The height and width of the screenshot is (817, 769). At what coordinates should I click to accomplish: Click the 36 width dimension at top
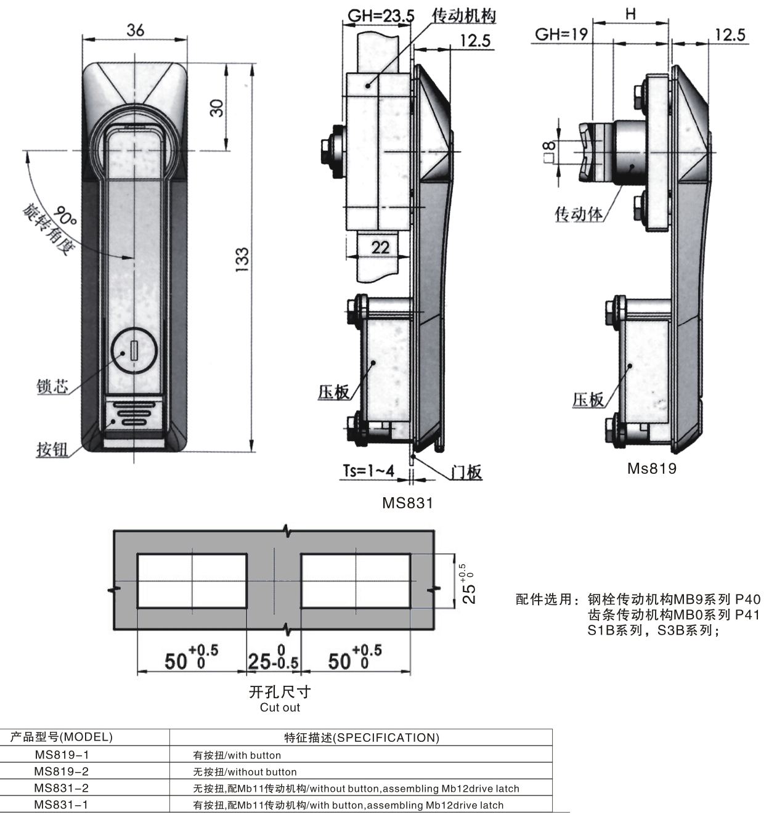tap(135, 30)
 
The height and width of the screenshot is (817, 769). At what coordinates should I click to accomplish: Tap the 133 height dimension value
tap(242, 257)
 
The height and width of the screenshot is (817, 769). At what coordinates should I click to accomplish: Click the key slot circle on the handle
tap(134, 351)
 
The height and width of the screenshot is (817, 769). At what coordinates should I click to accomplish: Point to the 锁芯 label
tap(52, 387)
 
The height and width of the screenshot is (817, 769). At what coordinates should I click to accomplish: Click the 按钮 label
tap(52, 449)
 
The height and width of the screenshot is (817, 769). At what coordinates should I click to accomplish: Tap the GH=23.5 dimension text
tap(381, 16)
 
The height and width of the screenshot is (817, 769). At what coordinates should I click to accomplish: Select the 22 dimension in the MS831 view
tap(380, 248)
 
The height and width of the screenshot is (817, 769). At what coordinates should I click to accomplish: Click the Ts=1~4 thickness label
tap(368, 471)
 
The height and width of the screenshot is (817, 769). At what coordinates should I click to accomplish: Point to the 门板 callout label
tap(466, 473)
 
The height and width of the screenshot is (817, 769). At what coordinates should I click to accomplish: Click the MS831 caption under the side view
tap(407, 503)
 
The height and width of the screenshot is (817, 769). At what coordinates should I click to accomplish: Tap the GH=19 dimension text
tap(561, 35)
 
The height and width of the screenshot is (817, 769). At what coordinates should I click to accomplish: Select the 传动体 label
tap(578, 214)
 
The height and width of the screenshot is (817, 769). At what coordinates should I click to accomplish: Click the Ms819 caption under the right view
tap(652, 468)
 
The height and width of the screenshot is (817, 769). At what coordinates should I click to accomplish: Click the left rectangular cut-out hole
tap(192, 581)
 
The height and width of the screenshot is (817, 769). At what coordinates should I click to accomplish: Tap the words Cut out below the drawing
tap(280, 707)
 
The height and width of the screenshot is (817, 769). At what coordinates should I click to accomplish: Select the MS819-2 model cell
tap(62, 771)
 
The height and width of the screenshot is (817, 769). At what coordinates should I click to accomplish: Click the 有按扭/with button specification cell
tap(237, 755)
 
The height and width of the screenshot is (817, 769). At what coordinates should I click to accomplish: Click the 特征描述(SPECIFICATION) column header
tap(362, 738)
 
